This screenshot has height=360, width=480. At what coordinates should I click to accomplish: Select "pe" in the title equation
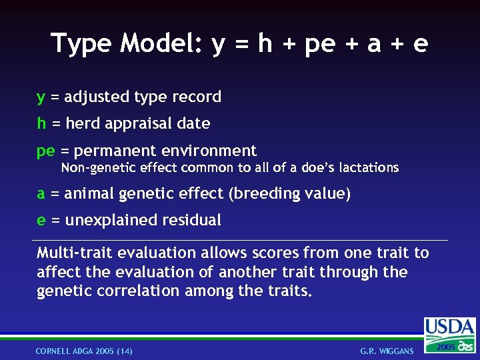tap(319, 45)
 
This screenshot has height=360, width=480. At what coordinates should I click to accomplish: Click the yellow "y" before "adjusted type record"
tap(41, 97)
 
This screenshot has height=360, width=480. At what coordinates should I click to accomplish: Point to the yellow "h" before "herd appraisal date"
tap(41, 123)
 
